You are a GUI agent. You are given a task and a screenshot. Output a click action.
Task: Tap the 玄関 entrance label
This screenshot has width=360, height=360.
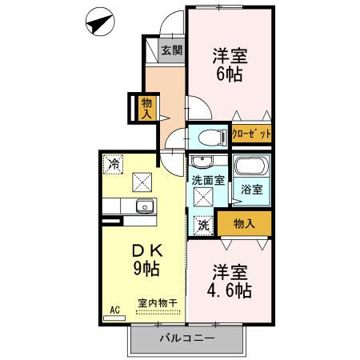(170, 50)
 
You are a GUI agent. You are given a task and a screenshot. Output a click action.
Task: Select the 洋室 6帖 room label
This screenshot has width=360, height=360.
(230, 65)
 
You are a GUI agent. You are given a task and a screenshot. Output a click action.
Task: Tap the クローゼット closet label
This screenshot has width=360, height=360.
(251, 133)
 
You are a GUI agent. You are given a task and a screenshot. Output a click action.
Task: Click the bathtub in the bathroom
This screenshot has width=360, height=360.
(249, 169)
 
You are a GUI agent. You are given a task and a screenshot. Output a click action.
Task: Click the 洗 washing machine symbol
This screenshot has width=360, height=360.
(203, 226)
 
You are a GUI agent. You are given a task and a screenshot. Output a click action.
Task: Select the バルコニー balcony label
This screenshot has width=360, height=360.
(185, 338)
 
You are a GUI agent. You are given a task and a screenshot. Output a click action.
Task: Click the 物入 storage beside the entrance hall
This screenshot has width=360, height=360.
(147, 106)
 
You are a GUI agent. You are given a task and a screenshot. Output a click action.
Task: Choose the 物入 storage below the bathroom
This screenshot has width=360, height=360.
(246, 223)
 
